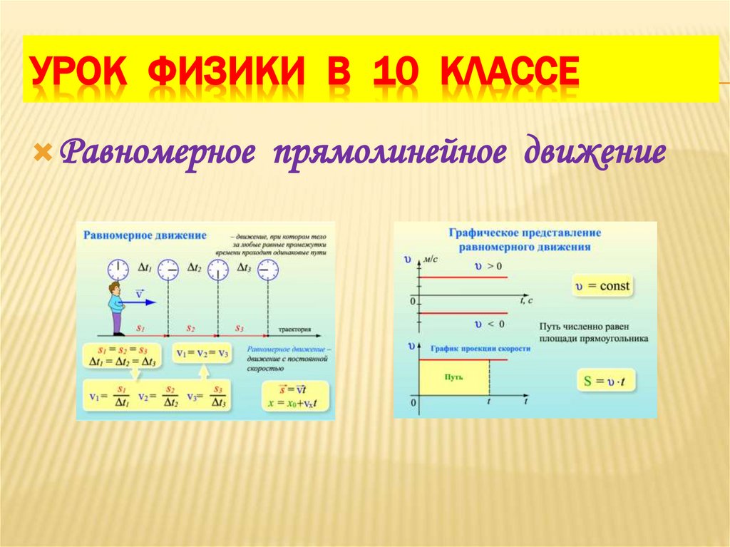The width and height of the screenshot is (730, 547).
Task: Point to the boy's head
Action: [x=114, y=288]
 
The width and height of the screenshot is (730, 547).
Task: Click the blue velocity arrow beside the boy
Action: [x=142, y=302]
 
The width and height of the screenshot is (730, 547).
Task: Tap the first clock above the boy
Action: [x=118, y=270]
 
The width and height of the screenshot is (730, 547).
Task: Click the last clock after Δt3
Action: [x=268, y=270]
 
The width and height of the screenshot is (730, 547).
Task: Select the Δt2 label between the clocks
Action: [x=194, y=268]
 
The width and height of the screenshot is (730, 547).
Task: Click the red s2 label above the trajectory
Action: [x=190, y=328]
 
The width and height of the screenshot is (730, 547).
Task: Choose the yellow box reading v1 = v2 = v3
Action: [x=202, y=354]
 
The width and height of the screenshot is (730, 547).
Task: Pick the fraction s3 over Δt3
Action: [x=218, y=397]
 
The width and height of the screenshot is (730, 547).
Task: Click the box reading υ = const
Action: [x=602, y=286]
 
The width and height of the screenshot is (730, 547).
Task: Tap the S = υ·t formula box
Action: [x=605, y=382]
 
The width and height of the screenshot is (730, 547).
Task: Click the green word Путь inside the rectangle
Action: [x=453, y=375]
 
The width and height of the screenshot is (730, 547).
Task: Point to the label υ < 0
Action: [x=489, y=324]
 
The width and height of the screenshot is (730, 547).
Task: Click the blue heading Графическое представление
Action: [x=525, y=232]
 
